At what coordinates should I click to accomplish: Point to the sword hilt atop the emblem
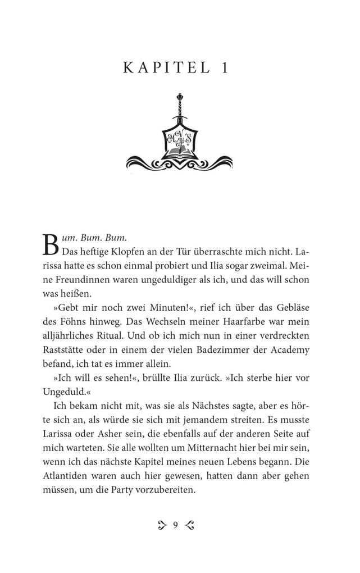(x=180, y=107)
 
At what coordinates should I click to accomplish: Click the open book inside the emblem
(x=180, y=151)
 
